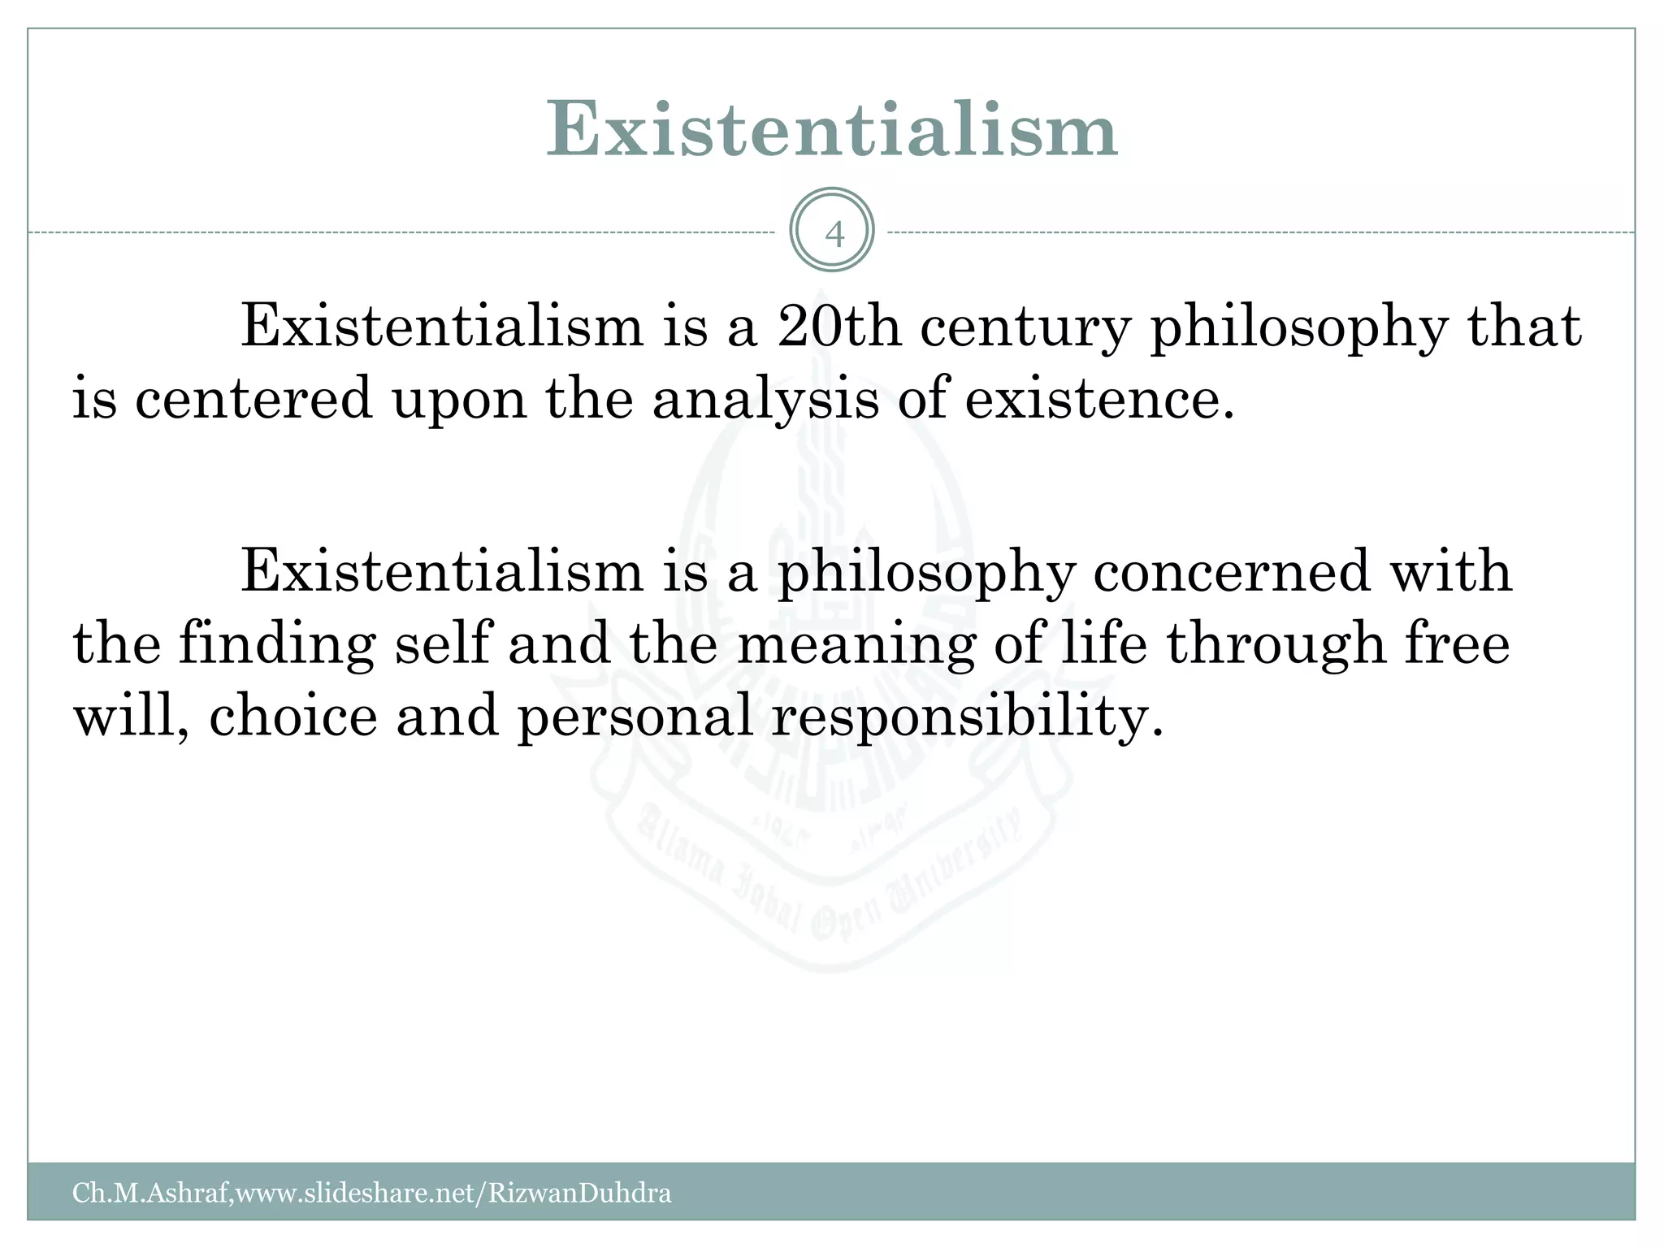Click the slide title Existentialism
[831, 130]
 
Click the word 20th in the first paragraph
[838, 327]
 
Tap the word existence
[1099, 400]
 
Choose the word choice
[293, 716]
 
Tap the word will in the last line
[132, 716]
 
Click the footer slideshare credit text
[371, 1193]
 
